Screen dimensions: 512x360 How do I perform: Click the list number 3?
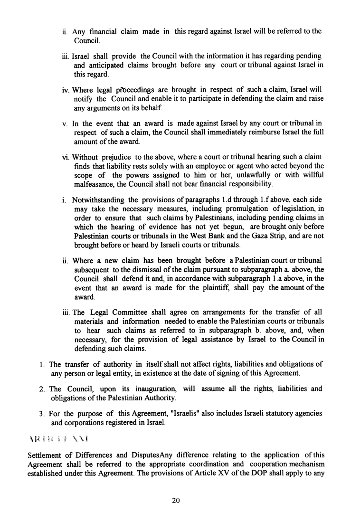42,413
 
